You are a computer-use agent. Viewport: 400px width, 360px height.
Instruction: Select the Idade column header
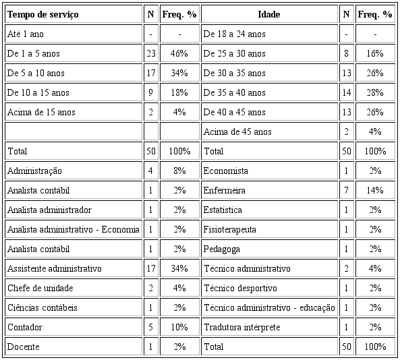point(269,14)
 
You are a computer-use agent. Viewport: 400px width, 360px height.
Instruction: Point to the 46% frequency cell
point(179,53)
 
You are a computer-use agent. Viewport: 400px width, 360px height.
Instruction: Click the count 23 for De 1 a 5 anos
point(150,53)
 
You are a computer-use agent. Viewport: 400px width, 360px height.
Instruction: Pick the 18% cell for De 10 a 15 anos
point(179,92)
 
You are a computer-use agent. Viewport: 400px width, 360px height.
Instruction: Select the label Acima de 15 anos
point(41,112)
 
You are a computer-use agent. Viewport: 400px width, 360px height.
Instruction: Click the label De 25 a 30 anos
point(234,53)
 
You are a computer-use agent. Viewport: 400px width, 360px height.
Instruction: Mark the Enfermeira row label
point(225,191)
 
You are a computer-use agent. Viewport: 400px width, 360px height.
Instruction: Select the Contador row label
point(24,328)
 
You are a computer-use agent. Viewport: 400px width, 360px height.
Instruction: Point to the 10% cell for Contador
point(179,328)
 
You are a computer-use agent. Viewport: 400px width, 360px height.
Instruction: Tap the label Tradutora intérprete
point(241,328)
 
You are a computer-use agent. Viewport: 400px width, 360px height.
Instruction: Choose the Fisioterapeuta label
point(230,230)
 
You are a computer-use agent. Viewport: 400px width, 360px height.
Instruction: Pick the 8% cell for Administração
point(179,171)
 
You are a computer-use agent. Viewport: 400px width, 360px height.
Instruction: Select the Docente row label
point(23,347)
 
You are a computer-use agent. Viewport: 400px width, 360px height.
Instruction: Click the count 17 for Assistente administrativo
point(150,269)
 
